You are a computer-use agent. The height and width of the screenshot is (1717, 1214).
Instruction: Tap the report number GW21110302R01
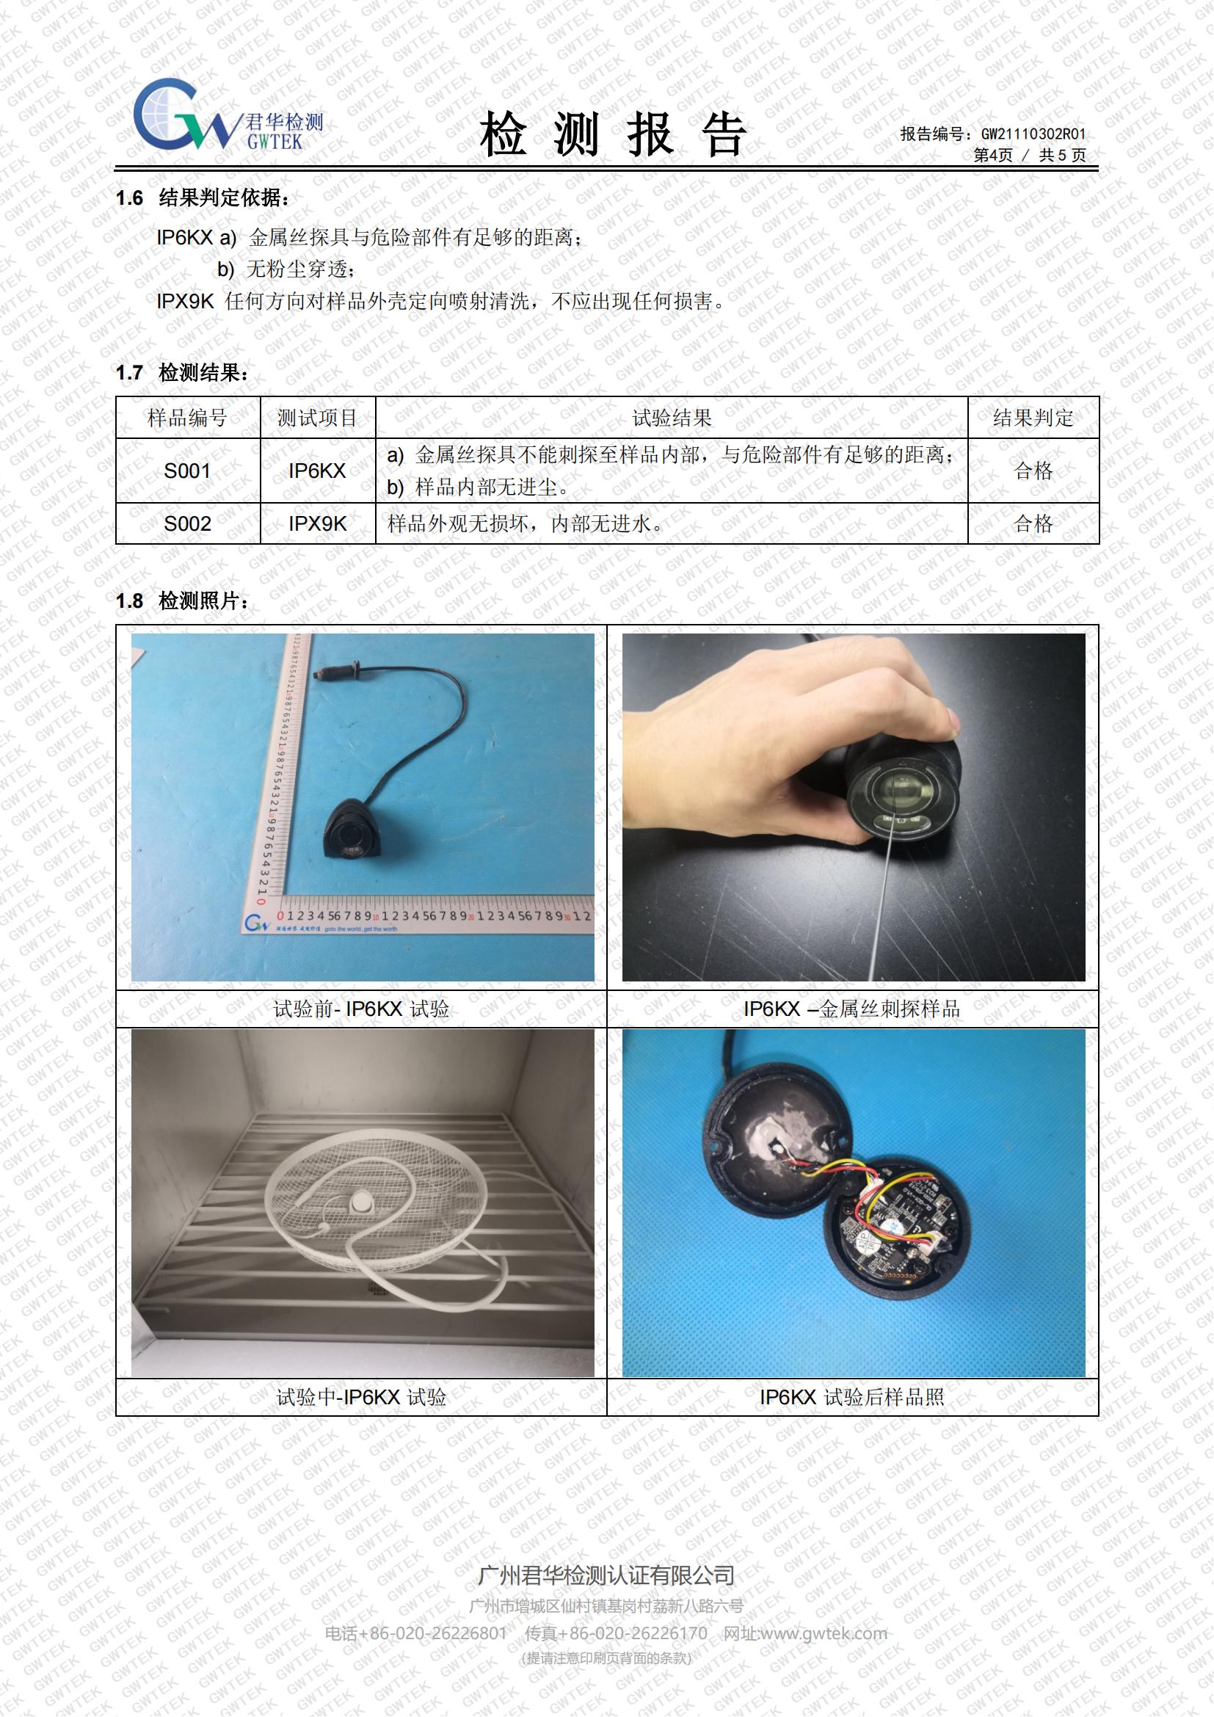click(x=1033, y=134)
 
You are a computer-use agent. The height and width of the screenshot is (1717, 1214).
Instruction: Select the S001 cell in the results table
click(x=187, y=471)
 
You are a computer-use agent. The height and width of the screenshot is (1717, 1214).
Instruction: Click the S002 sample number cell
click(x=187, y=523)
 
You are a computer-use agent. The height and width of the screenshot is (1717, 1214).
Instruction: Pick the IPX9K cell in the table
click(x=318, y=523)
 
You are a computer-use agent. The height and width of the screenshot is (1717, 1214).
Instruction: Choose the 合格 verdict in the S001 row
click(x=1033, y=471)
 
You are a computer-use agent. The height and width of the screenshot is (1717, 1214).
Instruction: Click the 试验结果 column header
click(x=672, y=418)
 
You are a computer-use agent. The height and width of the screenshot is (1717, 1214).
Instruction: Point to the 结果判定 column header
click(x=1033, y=418)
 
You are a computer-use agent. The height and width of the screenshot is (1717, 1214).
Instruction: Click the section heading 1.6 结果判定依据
click(x=202, y=198)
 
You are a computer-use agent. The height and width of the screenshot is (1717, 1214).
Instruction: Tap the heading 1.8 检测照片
click(x=183, y=600)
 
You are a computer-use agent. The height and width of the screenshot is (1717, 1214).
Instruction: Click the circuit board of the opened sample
click(x=897, y=1223)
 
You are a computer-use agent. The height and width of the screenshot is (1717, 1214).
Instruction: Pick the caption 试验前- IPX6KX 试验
click(x=361, y=1009)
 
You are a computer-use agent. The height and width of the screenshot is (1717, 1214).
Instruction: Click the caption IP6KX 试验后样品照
click(x=852, y=1397)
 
